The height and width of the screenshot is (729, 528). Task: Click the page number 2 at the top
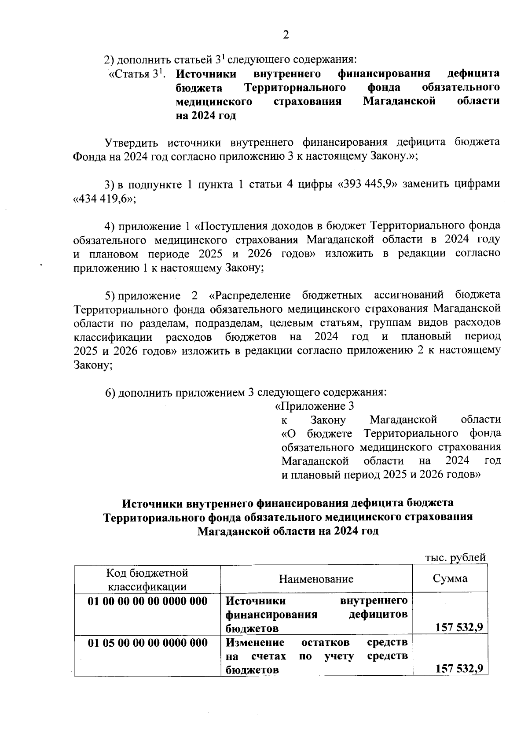[x=286, y=35]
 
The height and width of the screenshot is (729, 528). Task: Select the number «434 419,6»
[x=104, y=199]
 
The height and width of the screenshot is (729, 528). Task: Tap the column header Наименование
[x=316, y=579]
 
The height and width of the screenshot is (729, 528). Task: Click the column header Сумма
[x=450, y=578]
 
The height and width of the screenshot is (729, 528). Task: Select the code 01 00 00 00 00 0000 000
[x=147, y=601]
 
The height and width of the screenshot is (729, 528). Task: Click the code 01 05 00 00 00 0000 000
[x=147, y=643]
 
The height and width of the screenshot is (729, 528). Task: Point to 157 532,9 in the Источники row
[x=459, y=627]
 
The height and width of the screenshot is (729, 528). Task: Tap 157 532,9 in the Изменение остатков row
[x=459, y=669]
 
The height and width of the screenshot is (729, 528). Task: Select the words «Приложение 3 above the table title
[x=314, y=406]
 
